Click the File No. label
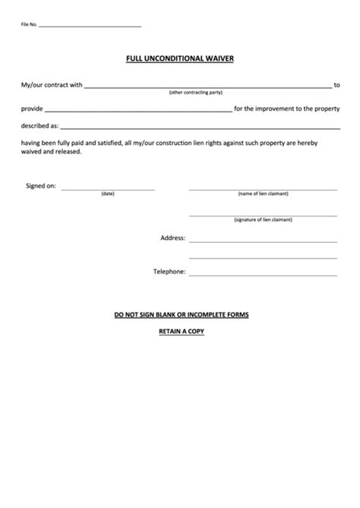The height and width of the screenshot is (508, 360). tap(28, 25)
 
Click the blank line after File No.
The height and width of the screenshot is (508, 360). tap(90, 27)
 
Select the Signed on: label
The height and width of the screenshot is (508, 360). tap(41, 185)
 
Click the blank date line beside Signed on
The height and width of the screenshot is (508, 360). tap(108, 188)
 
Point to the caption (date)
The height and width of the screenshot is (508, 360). tap(108, 194)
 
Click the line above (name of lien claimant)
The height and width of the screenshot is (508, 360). tap(263, 188)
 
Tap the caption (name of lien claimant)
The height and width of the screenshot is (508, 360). tap(263, 194)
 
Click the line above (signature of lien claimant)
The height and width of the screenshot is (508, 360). tap(263, 215)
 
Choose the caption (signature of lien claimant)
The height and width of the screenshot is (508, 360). tap(263, 220)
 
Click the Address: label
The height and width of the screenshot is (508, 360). tap(172, 238)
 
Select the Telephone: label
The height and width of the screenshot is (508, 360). tap(169, 271)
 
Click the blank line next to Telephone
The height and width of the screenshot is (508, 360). tap(263, 275)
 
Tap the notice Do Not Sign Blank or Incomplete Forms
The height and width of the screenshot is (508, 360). tap(181, 314)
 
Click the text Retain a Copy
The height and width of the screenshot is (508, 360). tap(181, 332)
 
